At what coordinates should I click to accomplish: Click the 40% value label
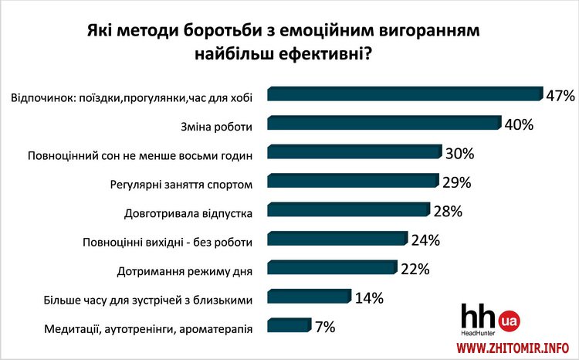[519, 124]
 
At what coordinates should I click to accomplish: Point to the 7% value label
[324, 327]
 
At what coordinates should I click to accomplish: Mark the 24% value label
[425, 240]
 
